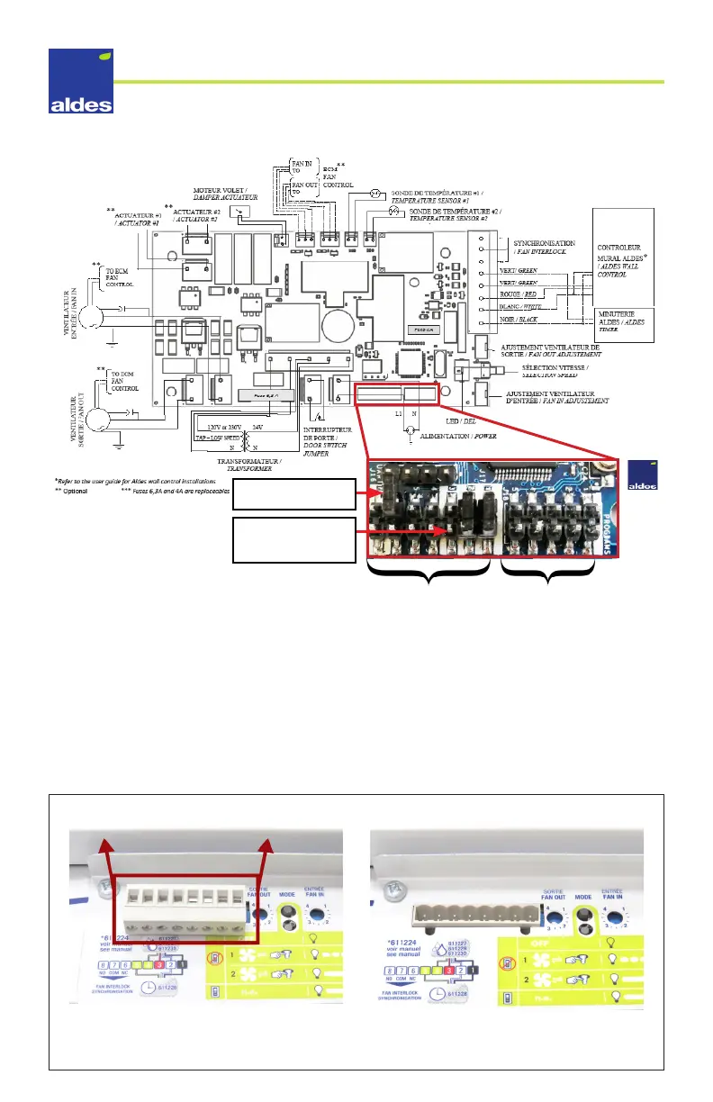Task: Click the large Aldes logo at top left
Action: coord(81,82)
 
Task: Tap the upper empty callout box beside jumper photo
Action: coord(289,492)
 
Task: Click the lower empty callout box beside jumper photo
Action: coord(289,539)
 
